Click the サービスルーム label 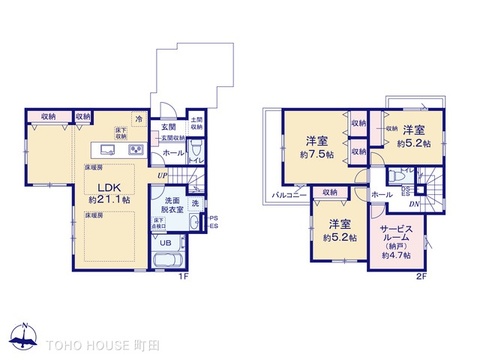(x=396, y=235)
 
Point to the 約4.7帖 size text (x=396, y=257)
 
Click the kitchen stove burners (x=134, y=148)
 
